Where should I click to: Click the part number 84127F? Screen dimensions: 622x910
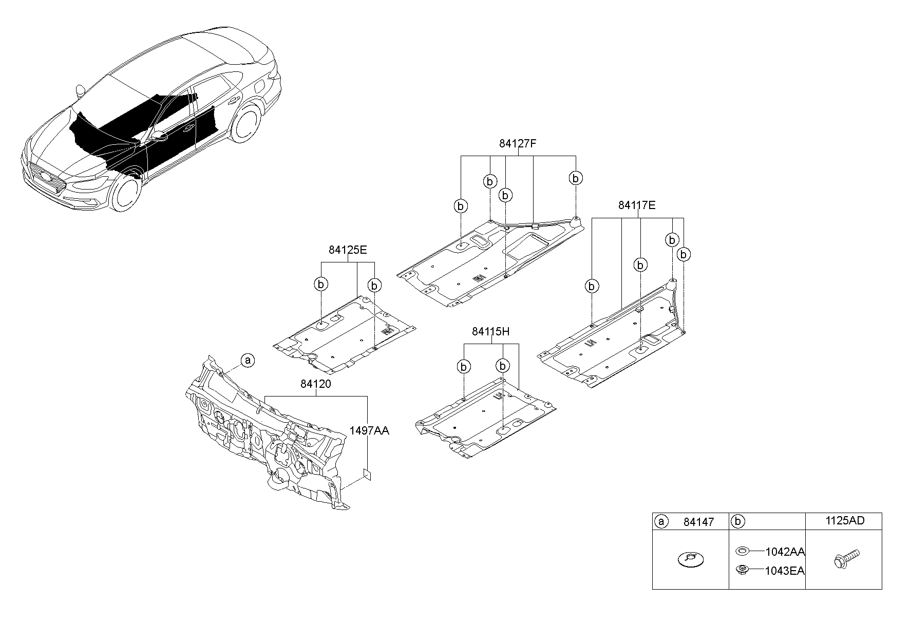pos(518,144)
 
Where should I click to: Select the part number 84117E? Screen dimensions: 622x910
pos(637,205)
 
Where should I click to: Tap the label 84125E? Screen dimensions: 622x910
pos(348,250)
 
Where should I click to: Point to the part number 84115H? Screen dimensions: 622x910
pos(490,332)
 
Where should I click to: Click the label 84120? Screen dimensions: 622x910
pos(315,384)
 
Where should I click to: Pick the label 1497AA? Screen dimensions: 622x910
pos(370,431)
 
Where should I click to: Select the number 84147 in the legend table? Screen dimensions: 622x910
pos(698,522)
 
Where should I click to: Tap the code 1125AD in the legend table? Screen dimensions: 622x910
pos(845,521)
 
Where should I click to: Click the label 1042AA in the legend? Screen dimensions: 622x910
pos(785,552)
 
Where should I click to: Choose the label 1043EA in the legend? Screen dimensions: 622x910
pos(785,571)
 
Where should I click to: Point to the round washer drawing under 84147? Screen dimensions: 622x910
pos(691,559)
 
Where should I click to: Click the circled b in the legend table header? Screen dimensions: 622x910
pos(737,522)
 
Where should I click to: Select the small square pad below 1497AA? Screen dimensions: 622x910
pos(367,474)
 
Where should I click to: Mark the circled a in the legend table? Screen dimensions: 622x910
pos(661,522)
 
